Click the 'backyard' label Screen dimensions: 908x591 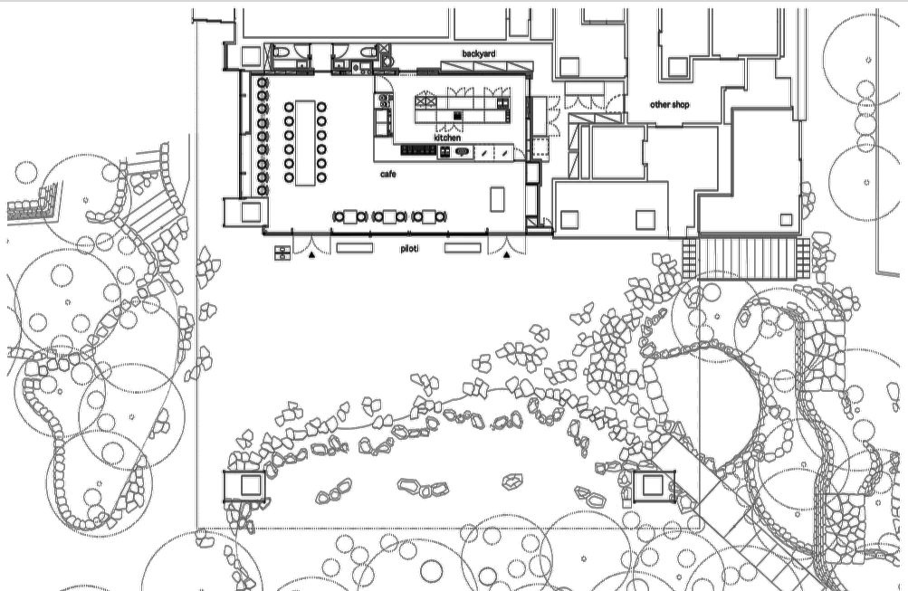[x=479, y=54]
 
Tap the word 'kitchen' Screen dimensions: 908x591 [x=447, y=138]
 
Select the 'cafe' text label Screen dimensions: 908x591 [x=388, y=173]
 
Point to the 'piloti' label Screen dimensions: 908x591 [x=408, y=247]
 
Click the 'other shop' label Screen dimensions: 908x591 [x=670, y=105]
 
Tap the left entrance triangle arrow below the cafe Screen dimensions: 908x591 [x=311, y=256]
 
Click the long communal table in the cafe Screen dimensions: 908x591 [x=304, y=142]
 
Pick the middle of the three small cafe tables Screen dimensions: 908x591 [x=389, y=216]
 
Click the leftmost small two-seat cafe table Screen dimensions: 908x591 [x=349, y=216]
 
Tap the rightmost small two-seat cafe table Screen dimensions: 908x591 [x=428, y=216]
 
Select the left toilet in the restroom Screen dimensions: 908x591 [x=281, y=51]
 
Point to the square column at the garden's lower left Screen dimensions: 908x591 [x=245, y=485]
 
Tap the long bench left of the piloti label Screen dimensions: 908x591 [x=354, y=247]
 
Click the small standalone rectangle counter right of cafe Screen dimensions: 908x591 [x=497, y=198]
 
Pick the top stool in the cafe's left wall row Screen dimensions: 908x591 [x=263, y=83]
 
